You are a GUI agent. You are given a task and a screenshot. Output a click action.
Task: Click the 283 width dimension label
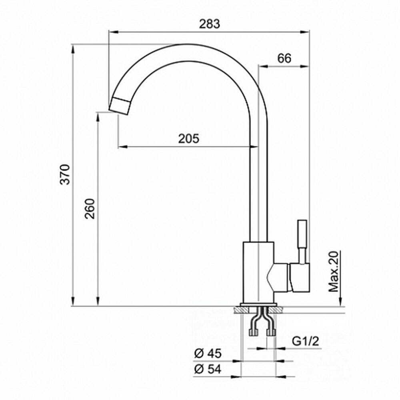[209, 24]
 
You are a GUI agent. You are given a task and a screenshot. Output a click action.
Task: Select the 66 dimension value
[284, 58]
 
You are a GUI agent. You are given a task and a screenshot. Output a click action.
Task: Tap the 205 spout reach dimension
[188, 139]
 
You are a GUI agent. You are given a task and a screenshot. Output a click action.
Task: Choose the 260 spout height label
[90, 209]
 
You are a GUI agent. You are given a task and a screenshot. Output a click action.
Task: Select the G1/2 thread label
[305, 341]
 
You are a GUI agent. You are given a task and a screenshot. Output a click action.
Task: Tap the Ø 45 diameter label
[208, 354]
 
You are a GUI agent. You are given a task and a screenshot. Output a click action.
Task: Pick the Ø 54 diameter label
[208, 369]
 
